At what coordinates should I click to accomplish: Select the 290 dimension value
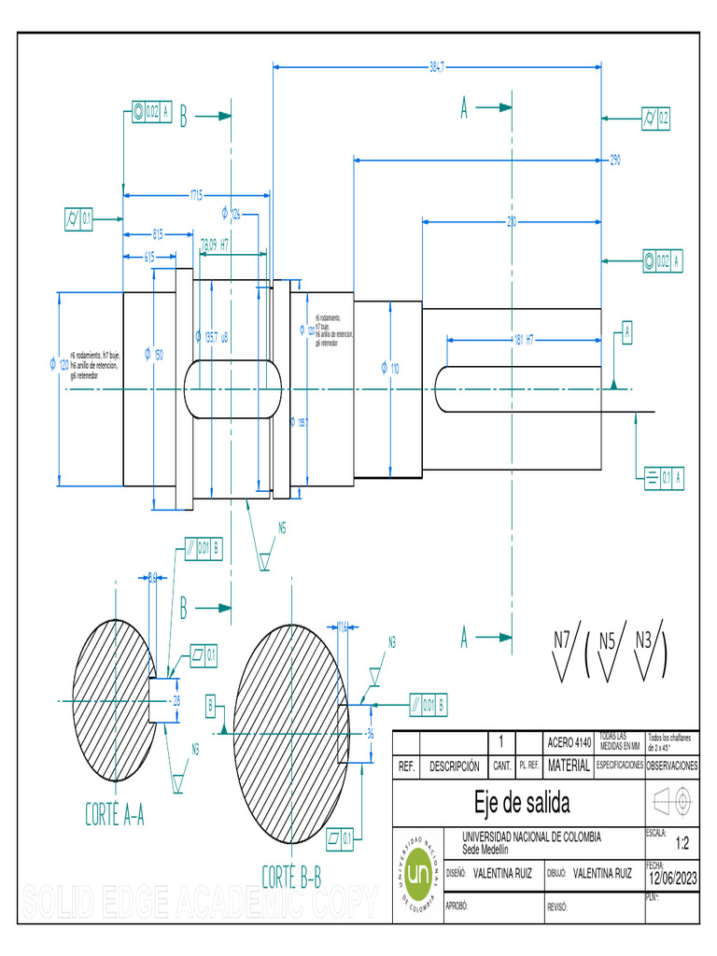615,161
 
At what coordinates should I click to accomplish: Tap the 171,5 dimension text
196,195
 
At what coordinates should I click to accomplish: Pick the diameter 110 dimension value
390,369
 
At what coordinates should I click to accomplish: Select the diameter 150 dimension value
154,354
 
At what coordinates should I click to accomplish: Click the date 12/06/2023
672,877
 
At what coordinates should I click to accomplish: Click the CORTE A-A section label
115,816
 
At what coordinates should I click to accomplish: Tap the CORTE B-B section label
291,878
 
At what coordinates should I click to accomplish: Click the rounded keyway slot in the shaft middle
232,387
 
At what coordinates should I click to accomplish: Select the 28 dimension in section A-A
176,699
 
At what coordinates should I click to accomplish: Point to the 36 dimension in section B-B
370,734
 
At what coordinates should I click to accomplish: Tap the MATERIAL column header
569,766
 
